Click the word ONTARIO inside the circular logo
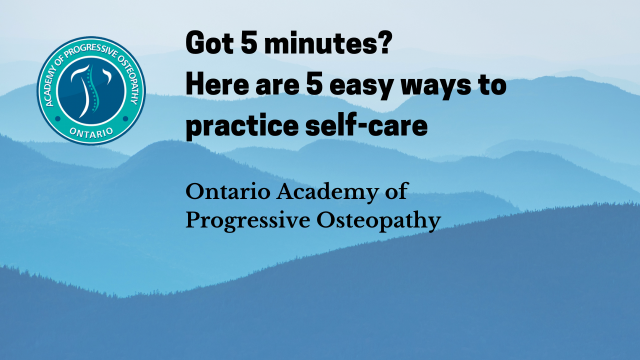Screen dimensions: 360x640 [91, 130]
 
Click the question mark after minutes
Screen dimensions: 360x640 [384, 44]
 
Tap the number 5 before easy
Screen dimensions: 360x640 [315, 85]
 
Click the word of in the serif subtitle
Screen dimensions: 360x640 [397, 192]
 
